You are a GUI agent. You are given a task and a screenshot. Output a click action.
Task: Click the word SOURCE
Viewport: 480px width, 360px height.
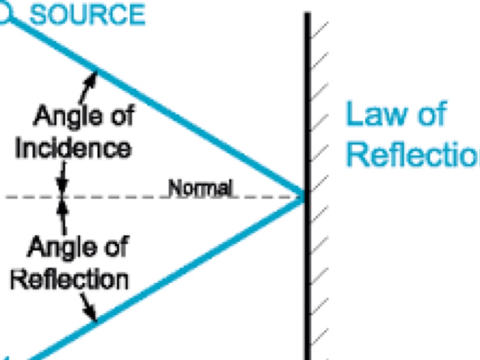(87, 15)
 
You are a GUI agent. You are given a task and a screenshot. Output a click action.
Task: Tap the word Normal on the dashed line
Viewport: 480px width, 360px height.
(200, 188)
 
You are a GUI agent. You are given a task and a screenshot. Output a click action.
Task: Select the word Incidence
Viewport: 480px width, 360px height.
(73, 148)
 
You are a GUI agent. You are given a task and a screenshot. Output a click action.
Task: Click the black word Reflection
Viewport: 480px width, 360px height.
(69, 280)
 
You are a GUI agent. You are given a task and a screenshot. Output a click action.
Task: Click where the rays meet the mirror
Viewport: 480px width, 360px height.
(304, 197)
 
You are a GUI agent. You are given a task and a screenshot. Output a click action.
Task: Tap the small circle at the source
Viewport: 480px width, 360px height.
(4, 14)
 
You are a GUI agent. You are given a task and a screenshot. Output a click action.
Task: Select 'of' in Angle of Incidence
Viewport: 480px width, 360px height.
(119, 116)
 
